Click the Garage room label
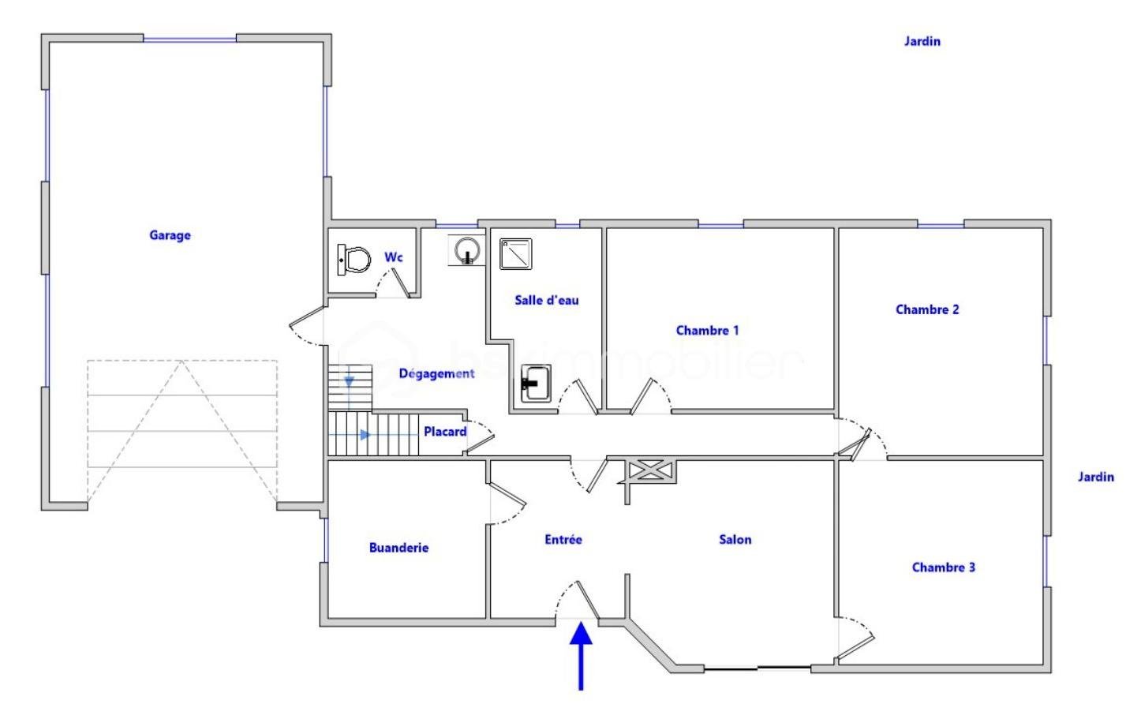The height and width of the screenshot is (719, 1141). [170, 235]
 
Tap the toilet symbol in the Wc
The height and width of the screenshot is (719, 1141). [353, 260]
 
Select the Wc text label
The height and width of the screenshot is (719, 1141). [393, 257]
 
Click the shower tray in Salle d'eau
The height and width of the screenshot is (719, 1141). [515, 254]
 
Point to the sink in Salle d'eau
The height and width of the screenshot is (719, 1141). [536, 383]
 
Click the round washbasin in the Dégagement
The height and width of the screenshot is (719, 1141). [466, 250]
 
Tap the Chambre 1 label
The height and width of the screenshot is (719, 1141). [707, 330]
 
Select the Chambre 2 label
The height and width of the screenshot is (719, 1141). [927, 309]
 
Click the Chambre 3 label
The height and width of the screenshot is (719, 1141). [944, 567]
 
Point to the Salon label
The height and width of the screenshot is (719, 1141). [735, 540]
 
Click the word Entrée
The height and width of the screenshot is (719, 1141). [563, 540]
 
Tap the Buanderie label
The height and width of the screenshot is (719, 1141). [398, 548]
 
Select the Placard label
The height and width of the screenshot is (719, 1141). [445, 432]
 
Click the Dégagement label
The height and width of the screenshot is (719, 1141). [436, 373]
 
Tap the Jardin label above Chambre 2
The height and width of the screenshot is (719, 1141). [922, 41]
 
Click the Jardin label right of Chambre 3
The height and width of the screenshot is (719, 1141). [1096, 477]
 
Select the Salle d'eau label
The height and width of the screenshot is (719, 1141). [547, 300]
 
